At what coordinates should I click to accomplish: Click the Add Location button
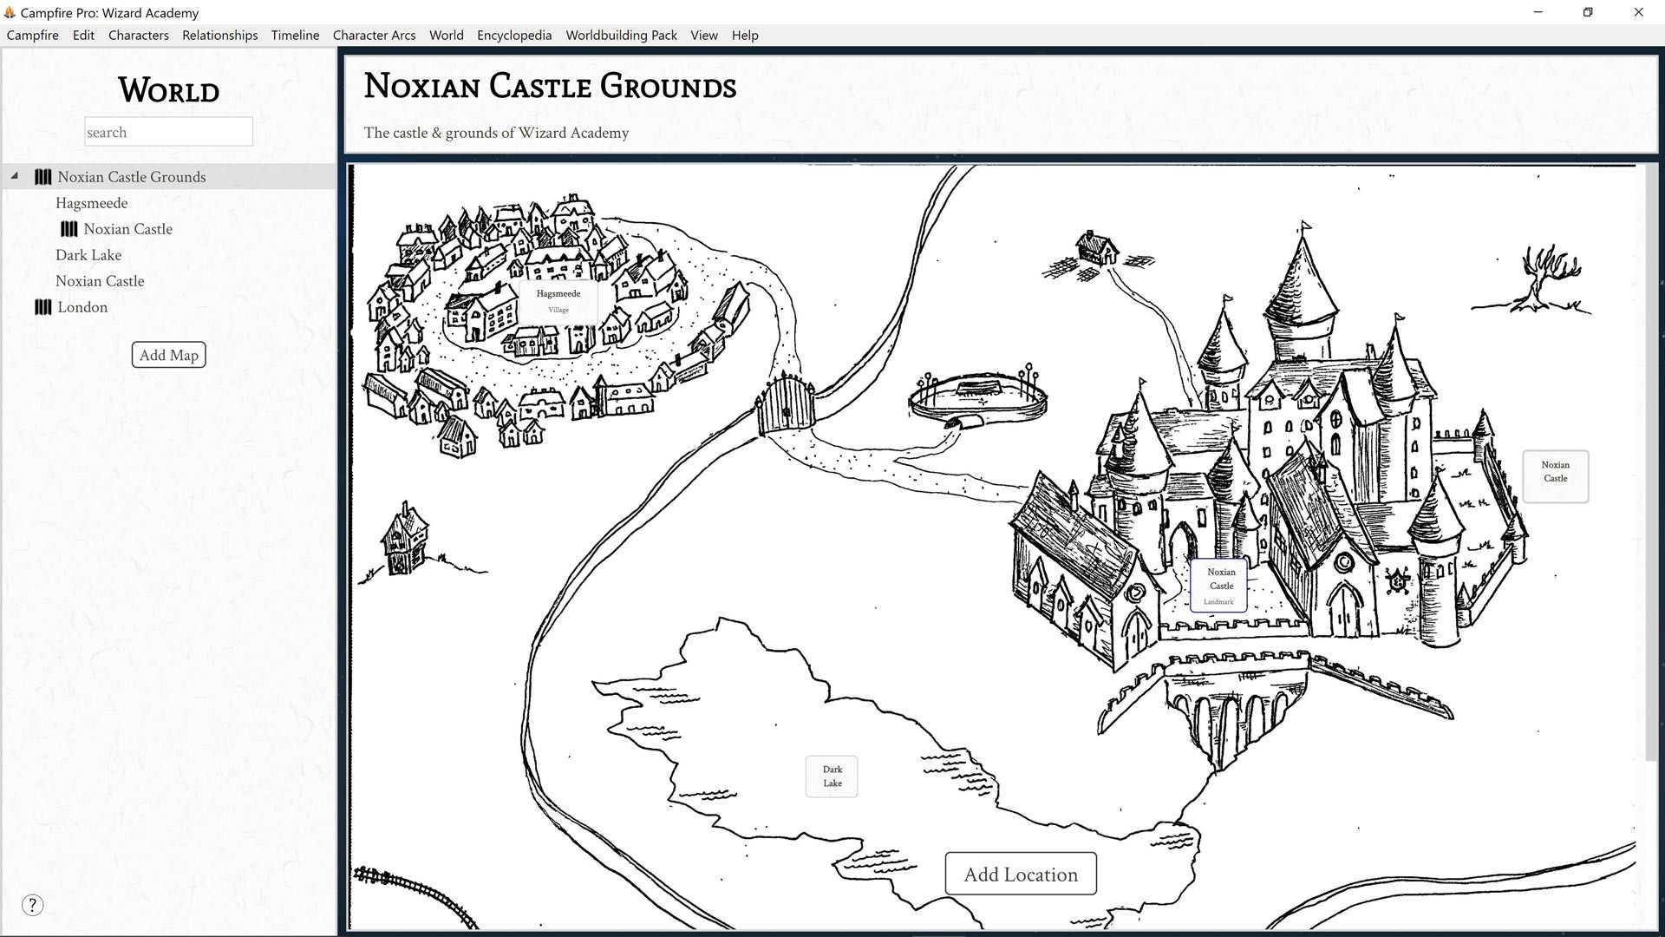pos(1021,874)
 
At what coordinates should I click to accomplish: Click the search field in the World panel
pos(168,132)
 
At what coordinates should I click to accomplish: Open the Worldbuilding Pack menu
pos(621,35)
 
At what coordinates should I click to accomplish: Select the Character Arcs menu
pos(374,35)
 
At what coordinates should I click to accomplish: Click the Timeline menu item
pos(295,35)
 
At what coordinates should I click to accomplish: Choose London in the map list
pos(82,307)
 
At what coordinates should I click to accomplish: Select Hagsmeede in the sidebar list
pos(91,203)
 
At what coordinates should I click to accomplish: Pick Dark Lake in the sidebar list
pos(88,255)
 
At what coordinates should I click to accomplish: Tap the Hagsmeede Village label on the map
pos(558,301)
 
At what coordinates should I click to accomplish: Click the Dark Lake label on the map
pos(832,776)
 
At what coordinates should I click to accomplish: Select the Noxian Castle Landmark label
pos(1219,586)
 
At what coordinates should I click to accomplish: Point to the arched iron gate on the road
pos(786,405)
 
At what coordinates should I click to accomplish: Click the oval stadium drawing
pos(978,397)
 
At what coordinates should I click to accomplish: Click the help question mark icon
pos(32,905)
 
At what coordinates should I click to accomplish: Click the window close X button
pos(1638,12)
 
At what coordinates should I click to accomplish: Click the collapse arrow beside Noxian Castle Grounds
pos(15,176)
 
